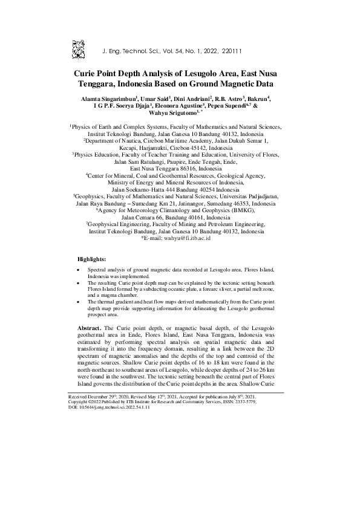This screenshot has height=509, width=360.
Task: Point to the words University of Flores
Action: coord(253,155)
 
